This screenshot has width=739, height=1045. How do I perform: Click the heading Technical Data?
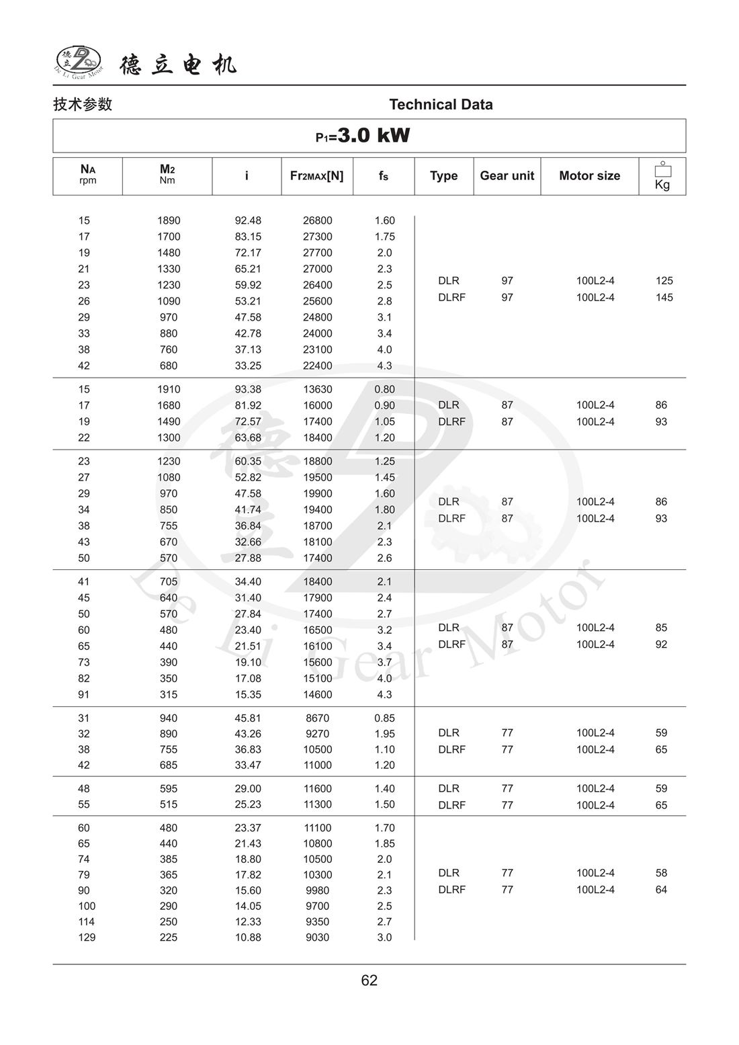(x=441, y=104)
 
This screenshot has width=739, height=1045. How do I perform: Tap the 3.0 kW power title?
(x=363, y=136)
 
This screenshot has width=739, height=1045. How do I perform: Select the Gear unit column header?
(x=507, y=175)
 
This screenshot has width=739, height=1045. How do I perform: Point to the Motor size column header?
(x=589, y=175)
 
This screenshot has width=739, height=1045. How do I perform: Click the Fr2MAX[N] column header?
(x=316, y=175)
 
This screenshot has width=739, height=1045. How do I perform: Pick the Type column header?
(x=443, y=175)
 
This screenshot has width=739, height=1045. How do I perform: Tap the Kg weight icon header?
(x=662, y=176)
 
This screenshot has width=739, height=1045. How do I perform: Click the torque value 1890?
(x=169, y=220)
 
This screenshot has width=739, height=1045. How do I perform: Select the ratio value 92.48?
(x=248, y=220)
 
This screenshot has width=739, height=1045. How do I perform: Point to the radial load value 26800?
(x=317, y=220)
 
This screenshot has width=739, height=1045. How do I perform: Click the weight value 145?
(x=664, y=297)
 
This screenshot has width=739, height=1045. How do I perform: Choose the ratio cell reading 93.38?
(x=248, y=389)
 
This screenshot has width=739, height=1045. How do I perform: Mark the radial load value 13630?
(x=317, y=389)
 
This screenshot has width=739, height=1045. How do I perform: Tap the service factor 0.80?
(x=384, y=389)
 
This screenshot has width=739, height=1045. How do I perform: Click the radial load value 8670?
(x=317, y=718)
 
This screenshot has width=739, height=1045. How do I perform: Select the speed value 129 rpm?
(x=87, y=937)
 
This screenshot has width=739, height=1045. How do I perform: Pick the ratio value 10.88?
(x=248, y=937)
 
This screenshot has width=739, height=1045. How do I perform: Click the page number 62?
(x=369, y=980)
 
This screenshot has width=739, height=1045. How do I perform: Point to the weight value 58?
(x=661, y=873)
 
